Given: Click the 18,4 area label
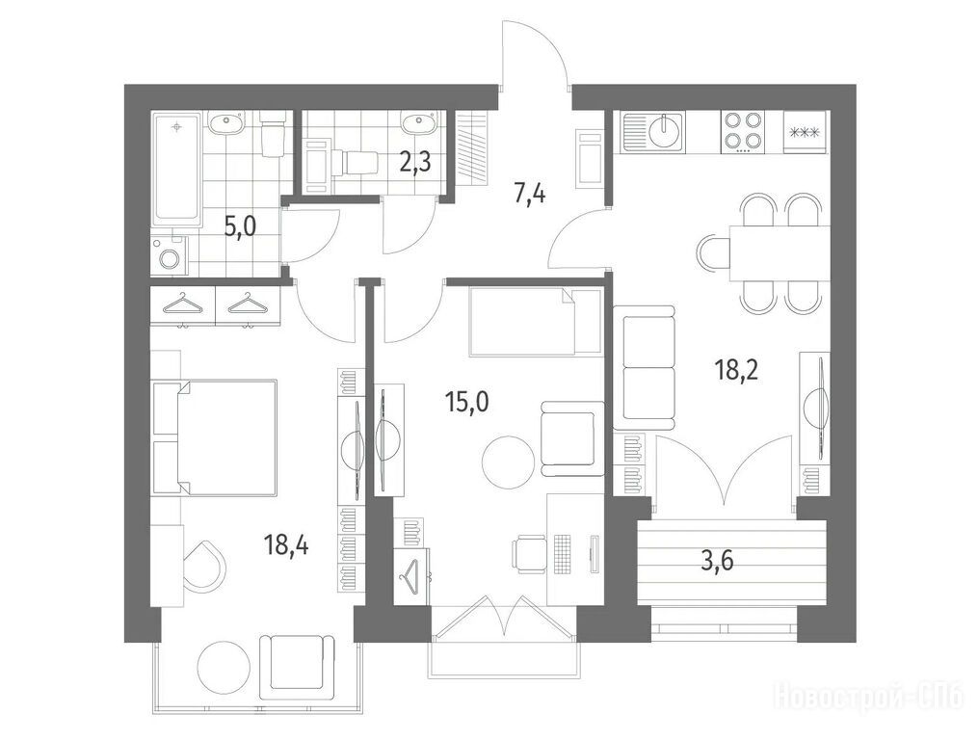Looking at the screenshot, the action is pyautogui.click(x=285, y=547).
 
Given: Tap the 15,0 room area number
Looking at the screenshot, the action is pyautogui.click(x=467, y=403).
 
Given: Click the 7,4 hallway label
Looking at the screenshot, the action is pyautogui.click(x=530, y=195).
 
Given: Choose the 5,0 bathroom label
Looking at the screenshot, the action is pyautogui.click(x=241, y=227).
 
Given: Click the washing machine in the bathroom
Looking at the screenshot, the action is pyautogui.click(x=169, y=255).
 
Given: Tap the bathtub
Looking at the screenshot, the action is pyautogui.click(x=177, y=169).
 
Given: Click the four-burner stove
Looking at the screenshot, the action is pyautogui.click(x=744, y=132).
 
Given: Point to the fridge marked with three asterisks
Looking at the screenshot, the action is pyautogui.click(x=806, y=132).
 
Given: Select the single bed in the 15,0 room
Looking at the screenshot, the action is pyautogui.click(x=535, y=321).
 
